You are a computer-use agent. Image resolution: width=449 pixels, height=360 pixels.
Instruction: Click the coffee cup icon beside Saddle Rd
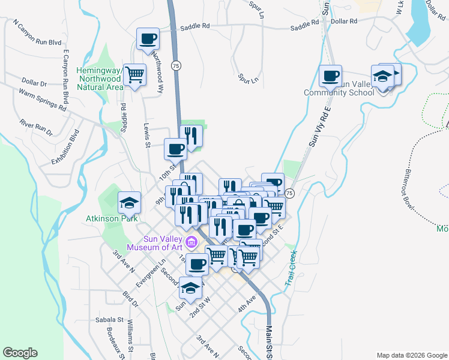[x=148, y=39]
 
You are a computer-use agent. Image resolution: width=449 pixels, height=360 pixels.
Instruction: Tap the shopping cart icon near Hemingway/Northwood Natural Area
[x=134, y=75]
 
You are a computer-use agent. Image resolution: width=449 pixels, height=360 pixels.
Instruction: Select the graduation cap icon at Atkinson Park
[x=129, y=203]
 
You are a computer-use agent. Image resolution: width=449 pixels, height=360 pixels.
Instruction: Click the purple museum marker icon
[x=191, y=243]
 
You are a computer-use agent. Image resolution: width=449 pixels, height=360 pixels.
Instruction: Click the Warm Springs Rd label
[x=42, y=100]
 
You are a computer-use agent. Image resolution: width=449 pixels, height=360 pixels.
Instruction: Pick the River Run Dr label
[x=36, y=127]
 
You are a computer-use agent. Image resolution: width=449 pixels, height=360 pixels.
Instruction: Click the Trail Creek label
[x=291, y=267]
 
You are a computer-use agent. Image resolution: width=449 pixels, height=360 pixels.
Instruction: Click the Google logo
[x=20, y=353]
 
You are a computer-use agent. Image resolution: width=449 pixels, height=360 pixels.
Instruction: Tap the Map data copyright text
[x=412, y=355]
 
